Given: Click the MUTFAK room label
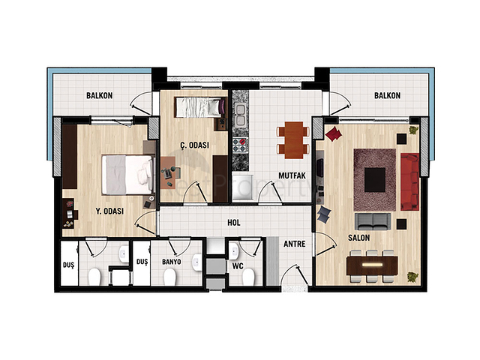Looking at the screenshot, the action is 292,175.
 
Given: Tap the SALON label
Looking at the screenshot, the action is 358,238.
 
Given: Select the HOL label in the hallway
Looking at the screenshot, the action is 234,223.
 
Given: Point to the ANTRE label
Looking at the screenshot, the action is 295,244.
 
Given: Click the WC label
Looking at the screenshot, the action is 238,266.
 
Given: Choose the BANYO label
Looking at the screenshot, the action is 172,262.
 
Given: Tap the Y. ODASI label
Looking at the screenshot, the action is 109,211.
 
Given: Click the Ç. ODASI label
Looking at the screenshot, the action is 195,145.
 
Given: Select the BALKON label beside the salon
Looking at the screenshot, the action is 387,95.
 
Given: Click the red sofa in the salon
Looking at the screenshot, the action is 410,181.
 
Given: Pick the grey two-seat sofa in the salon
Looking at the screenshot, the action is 373,221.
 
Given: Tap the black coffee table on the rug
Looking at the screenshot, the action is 375,180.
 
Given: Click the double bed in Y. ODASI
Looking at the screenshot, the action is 127,175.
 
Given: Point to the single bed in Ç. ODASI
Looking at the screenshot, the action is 198,107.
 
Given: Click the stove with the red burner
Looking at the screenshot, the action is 240,145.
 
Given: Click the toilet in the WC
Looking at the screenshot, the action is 248,277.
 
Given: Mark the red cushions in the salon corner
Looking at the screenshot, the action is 334,133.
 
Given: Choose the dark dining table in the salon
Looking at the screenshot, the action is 372,265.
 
